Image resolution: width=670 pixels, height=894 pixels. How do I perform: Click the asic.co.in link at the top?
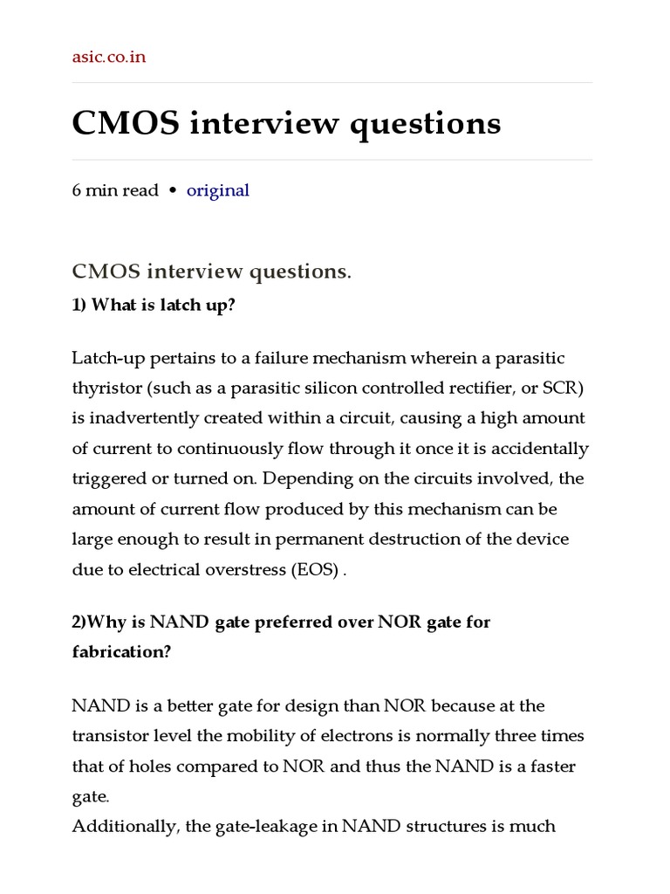coord(109,58)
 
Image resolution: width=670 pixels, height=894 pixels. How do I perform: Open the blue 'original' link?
coord(218,190)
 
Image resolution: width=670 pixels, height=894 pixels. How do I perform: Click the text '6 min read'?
coord(115,190)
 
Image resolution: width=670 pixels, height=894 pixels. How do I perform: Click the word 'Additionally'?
coord(126,826)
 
